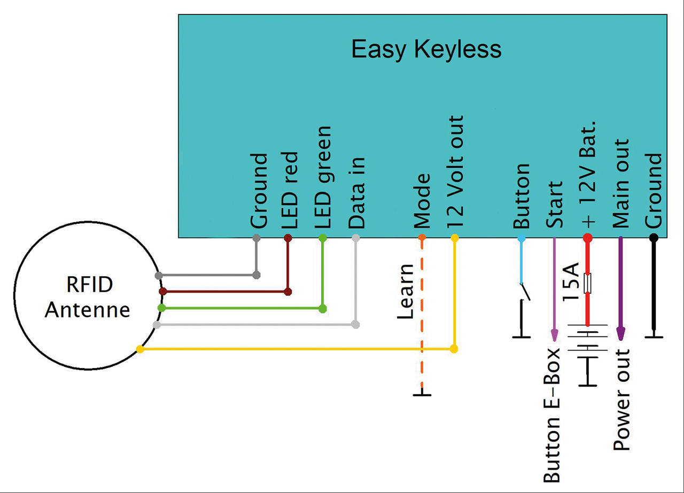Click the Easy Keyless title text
[426, 50]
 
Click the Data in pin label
[356, 193]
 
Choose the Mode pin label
[422, 201]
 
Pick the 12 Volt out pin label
[455, 173]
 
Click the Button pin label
[521, 196]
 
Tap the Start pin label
[555, 205]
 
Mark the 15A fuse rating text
[570, 283]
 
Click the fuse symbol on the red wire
[588, 283]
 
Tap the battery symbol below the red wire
[588, 347]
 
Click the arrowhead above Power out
[620, 333]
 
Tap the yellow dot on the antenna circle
[140, 349]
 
